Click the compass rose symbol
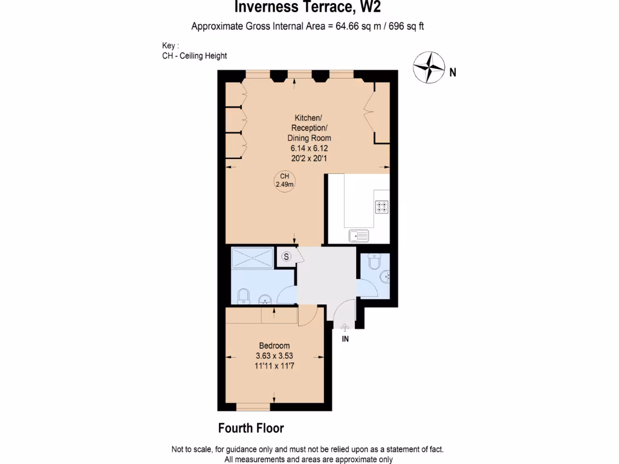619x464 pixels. point(429,68)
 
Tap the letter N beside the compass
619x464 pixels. point(453,72)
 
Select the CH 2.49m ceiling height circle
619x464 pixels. point(285,181)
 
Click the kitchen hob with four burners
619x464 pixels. point(382,207)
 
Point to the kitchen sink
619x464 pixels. point(359,236)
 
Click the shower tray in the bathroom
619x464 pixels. point(252,258)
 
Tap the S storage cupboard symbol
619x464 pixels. point(286,256)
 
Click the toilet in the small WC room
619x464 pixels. point(374,261)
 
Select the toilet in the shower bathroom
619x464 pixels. point(244,296)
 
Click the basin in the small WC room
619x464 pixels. point(385,277)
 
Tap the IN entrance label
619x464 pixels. point(345,339)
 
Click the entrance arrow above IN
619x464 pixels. point(345,327)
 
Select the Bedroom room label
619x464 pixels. point(274,346)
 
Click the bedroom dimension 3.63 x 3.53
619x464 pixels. point(274,356)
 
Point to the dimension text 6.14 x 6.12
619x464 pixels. point(309,149)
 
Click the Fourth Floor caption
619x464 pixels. point(251,428)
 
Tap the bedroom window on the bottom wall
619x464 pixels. point(253,407)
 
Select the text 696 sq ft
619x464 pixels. point(406,27)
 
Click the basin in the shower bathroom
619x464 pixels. point(265,300)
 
